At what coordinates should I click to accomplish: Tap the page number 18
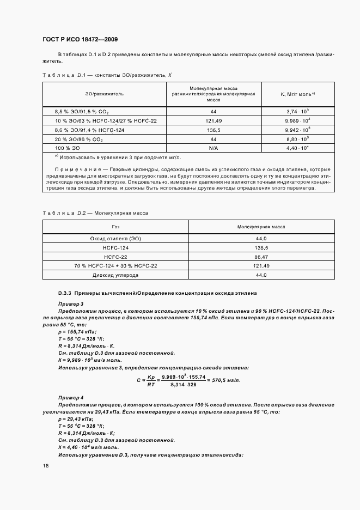[x=45, y=466]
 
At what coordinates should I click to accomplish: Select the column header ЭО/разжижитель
[x=104, y=94]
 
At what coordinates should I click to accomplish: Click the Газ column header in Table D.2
[x=115, y=227]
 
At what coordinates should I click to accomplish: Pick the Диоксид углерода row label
[x=115, y=275]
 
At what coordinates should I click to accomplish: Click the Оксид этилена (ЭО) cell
[x=115, y=239]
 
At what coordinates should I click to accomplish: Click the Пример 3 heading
[x=71, y=303]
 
